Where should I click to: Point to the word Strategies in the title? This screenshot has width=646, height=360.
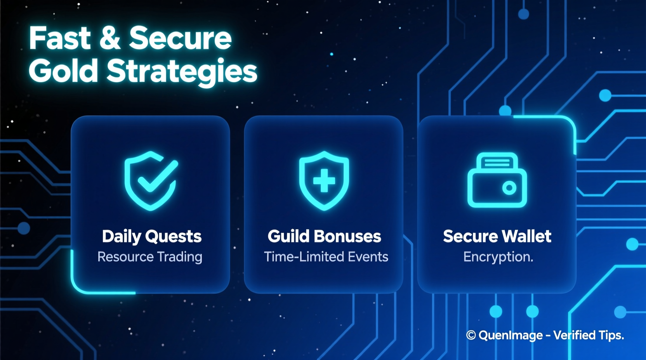(182, 72)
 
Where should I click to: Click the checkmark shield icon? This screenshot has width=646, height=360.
(151, 180)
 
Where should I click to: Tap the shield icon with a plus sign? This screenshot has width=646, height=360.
(324, 180)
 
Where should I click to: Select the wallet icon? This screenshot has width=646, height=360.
(497, 180)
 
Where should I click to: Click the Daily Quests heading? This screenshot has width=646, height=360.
(151, 236)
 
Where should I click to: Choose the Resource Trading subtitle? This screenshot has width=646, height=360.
(150, 257)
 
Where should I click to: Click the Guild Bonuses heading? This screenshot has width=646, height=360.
(324, 236)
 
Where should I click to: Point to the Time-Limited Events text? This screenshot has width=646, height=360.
(326, 257)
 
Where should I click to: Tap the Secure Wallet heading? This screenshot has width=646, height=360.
(497, 236)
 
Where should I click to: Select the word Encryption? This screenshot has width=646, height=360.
(498, 257)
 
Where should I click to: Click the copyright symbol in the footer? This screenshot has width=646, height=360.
(471, 335)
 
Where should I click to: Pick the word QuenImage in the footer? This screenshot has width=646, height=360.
(511, 335)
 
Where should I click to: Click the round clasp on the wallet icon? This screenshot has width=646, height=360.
(509, 188)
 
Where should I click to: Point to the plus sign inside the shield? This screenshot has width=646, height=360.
(324, 180)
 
